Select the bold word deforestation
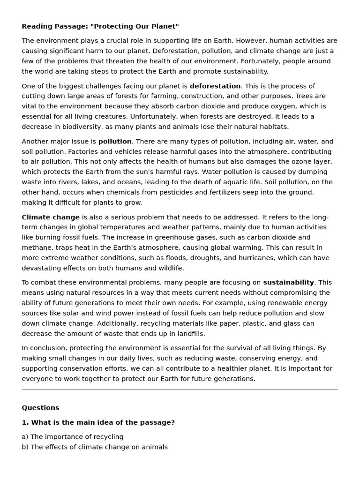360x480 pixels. point(215,86)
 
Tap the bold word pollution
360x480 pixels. point(115,142)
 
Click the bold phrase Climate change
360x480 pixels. point(51,217)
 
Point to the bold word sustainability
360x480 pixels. point(288,283)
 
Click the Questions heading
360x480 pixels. point(40,408)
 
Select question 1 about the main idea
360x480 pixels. point(98,423)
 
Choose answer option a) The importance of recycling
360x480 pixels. point(73,437)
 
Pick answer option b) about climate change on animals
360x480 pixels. point(94,447)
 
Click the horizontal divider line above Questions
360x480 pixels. point(180,390)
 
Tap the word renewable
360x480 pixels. point(270,303)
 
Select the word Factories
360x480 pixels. point(37,152)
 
